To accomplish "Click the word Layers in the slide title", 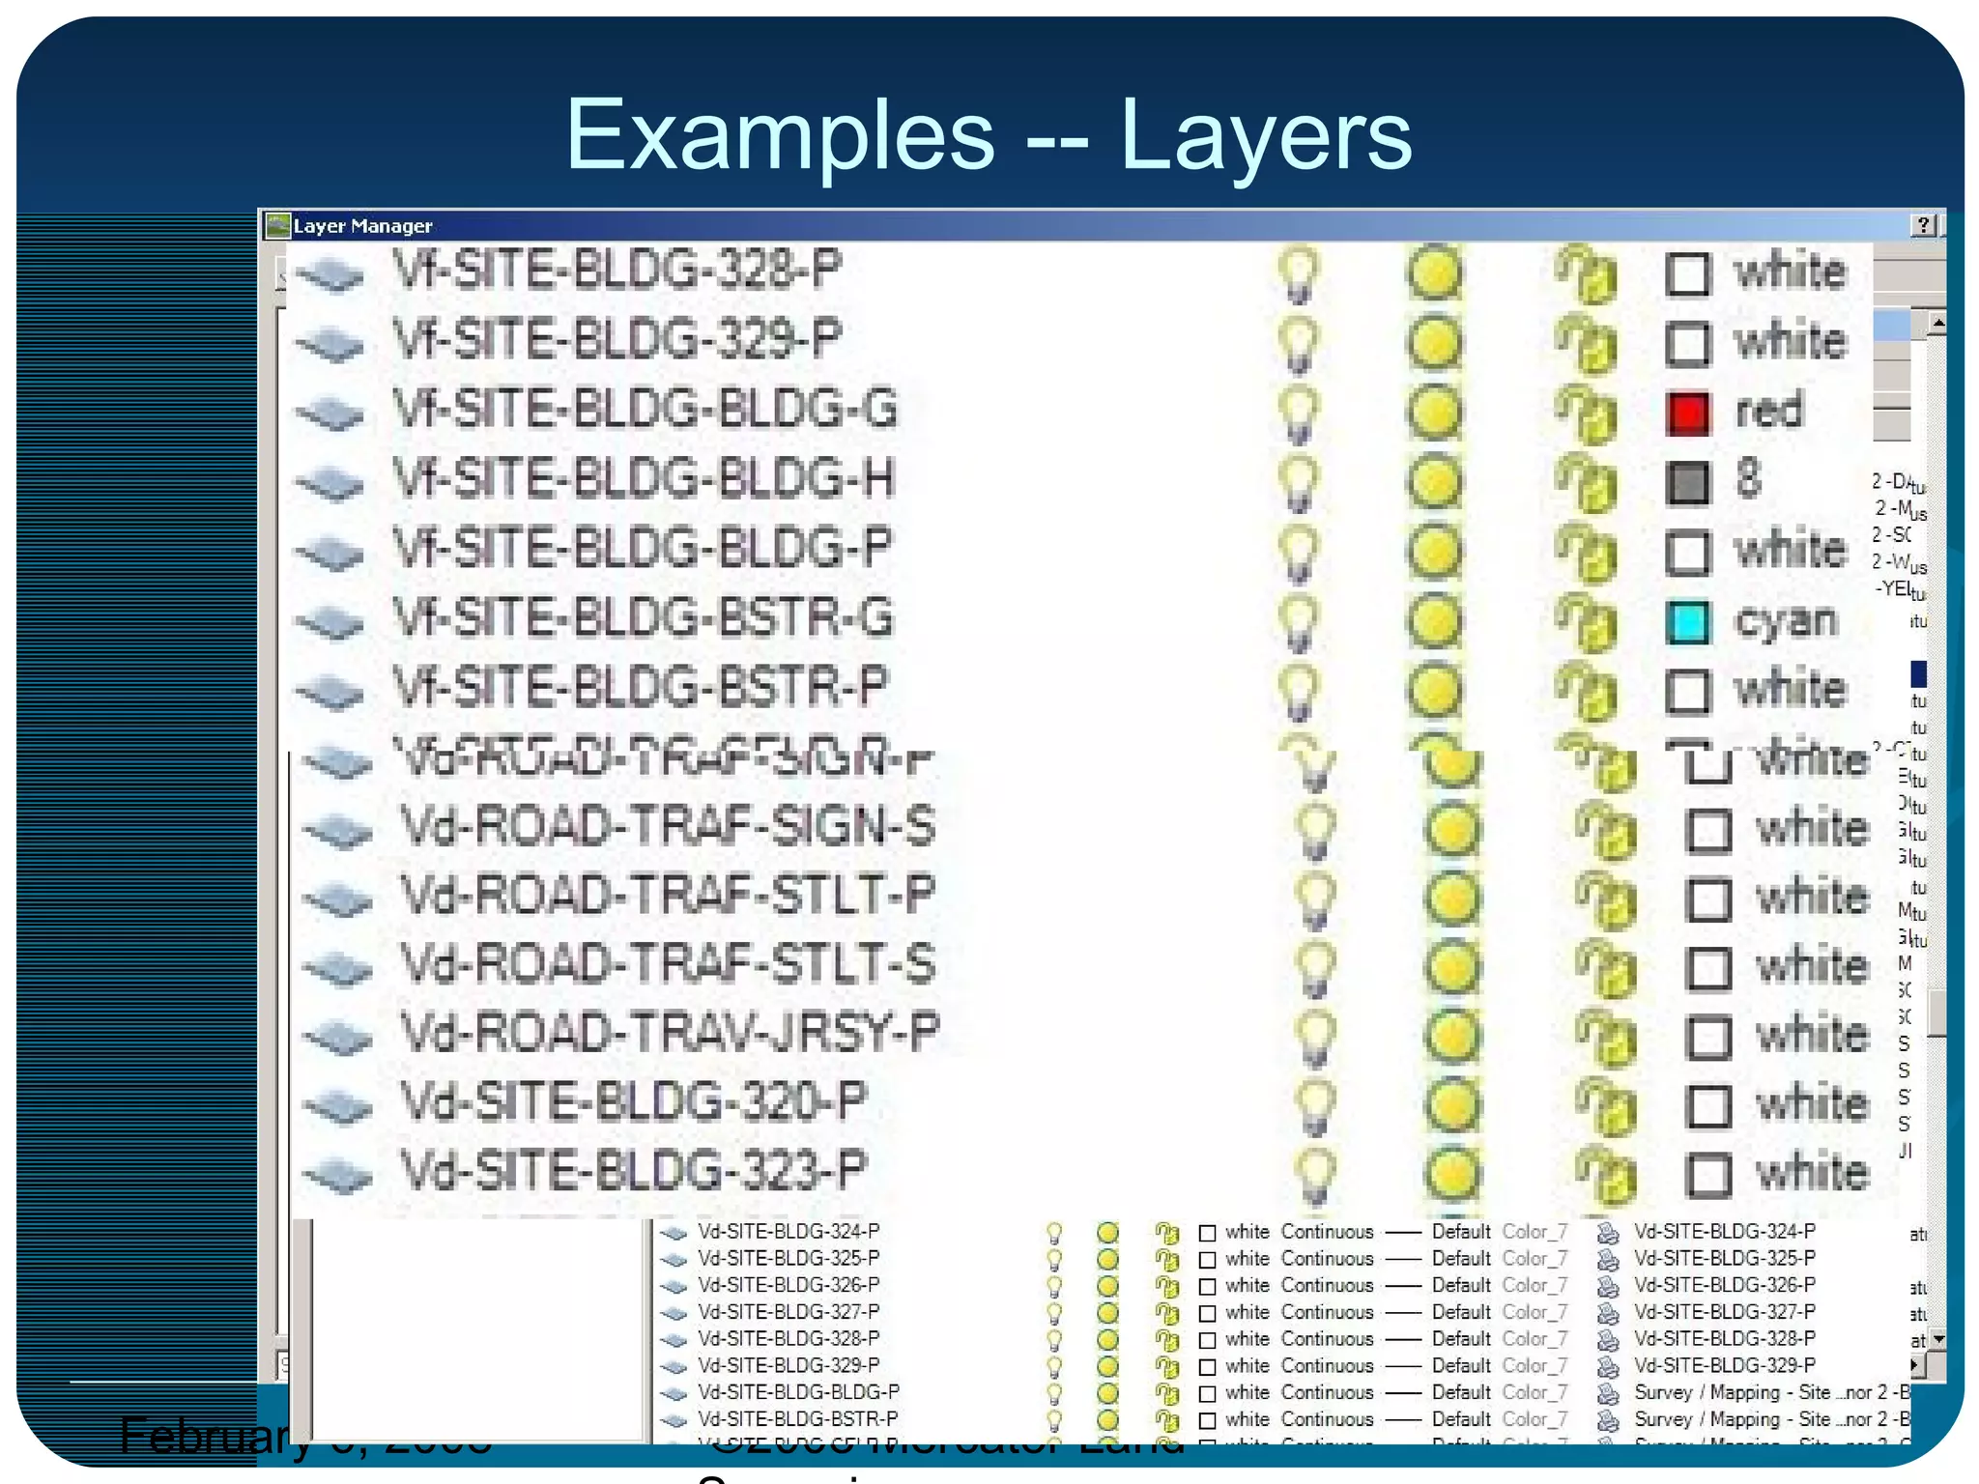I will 1266,135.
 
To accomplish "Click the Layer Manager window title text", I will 362,226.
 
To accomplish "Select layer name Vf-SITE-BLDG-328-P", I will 617,270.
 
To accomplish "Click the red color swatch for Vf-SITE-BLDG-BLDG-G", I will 1688,413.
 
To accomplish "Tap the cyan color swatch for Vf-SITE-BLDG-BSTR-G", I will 1688,622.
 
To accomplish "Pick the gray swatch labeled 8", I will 1688,482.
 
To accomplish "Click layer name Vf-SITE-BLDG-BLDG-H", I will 644,479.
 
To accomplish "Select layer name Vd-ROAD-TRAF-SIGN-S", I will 668,827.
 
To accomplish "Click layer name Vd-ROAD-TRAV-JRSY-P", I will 670,1033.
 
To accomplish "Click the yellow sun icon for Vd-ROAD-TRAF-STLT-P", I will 1451,899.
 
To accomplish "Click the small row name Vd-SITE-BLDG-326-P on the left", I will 789,1285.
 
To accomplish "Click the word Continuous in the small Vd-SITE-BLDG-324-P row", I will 1327,1232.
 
